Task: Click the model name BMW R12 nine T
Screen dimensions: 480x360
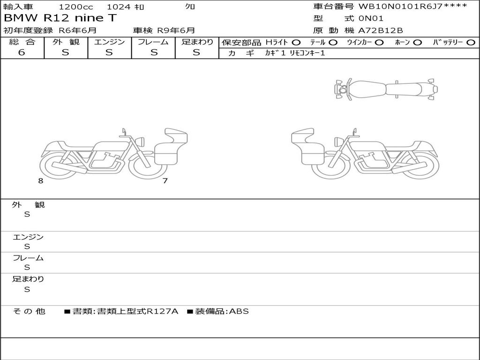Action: tap(60, 18)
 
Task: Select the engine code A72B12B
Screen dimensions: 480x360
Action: tap(381, 30)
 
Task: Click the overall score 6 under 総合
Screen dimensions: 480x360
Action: tap(22, 52)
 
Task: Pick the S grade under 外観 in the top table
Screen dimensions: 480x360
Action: tap(66, 52)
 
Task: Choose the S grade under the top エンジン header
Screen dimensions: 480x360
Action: tap(109, 52)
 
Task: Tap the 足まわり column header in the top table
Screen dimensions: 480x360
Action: tap(197, 42)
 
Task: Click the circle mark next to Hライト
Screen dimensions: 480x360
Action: tap(296, 43)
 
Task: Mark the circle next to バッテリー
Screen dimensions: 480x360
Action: tap(471, 43)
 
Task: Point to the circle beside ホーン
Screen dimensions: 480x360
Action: tap(417, 43)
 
